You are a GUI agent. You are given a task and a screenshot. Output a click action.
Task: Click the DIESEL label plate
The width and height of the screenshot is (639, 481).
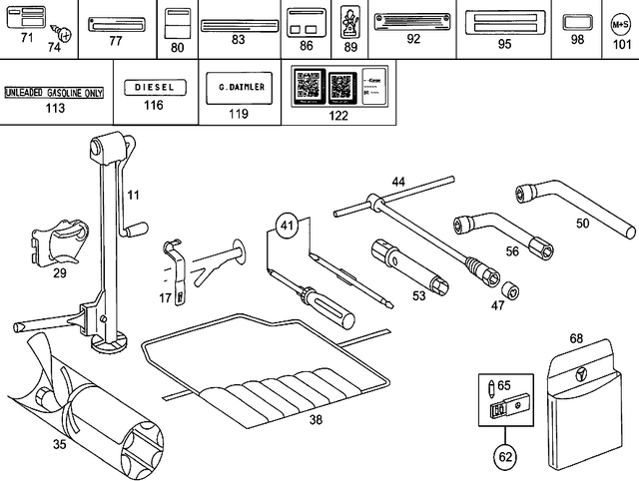pos(153,87)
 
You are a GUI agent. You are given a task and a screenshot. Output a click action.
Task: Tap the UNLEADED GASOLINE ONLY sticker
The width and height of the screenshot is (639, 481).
pos(54,92)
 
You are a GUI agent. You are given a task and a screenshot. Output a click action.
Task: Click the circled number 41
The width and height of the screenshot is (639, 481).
pos(289,227)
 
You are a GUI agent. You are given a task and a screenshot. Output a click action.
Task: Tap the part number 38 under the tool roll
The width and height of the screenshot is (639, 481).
pos(316,420)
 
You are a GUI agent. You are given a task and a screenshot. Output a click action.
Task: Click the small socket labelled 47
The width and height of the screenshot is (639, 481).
pos(510,290)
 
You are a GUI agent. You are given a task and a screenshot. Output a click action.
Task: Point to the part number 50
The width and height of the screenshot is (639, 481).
pos(582,224)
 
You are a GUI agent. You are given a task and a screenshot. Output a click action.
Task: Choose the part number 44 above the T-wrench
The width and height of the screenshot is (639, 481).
pos(398,182)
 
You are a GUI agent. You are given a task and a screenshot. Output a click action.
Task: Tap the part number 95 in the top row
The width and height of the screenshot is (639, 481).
pos(504,44)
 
